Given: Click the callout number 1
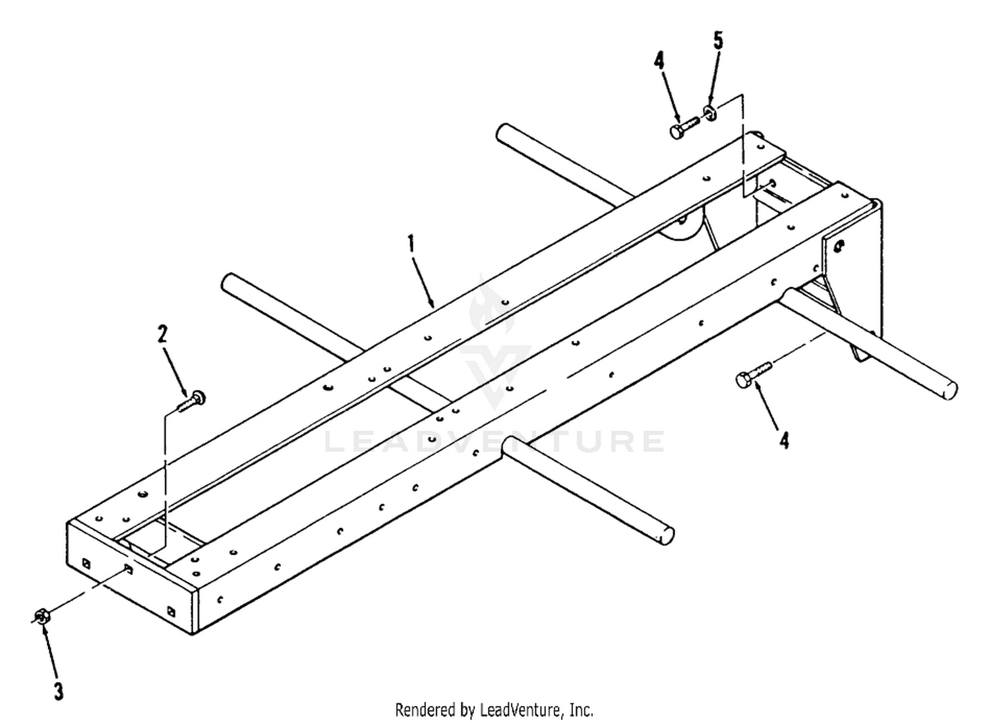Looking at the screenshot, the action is tap(411, 244).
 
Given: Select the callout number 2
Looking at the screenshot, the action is tap(163, 334).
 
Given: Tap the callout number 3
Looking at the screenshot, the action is tap(59, 691).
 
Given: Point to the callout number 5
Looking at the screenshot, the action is tap(719, 41).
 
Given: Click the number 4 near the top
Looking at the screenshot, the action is tap(659, 61).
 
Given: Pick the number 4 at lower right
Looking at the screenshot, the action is tap(784, 440).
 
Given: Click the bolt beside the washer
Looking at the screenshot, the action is tap(684, 127).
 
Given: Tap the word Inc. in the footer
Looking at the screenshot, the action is tap(582, 710).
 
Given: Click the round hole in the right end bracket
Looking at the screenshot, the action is tap(839, 246).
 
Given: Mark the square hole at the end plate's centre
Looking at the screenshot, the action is tap(128, 568).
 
